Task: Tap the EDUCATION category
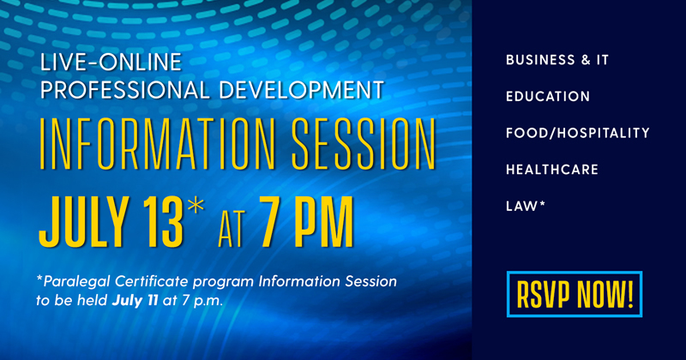pyautogui.click(x=548, y=97)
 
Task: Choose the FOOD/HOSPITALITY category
pyautogui.click(x=577, y=133)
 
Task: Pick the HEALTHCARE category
pyautogui.click(x=551, y=170)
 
